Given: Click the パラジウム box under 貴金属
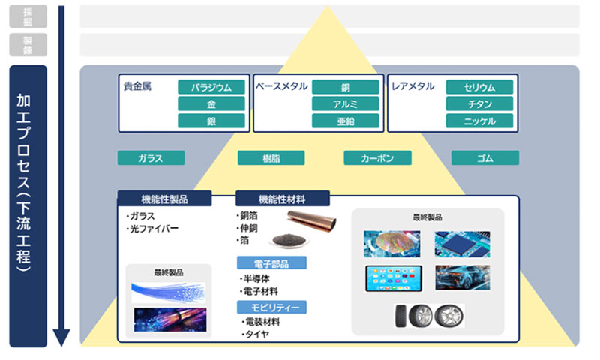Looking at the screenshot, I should [x=211, y=87].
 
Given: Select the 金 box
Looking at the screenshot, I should [x=211, y=103].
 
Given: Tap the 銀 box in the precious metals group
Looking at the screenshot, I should [x=211, y=121].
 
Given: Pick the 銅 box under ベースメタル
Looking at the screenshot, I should [x=345, y=87].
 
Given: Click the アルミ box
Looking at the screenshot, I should [x=345, y=103].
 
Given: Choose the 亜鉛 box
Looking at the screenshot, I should [x=345, y=121].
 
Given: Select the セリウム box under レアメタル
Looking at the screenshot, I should [x=479, y=87].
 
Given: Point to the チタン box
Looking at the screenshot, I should [x=479, y=103].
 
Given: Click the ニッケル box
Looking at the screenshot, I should [x=479, y=121].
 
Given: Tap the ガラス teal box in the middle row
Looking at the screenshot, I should [x=151, y=157].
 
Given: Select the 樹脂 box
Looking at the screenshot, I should [x=271, y=157].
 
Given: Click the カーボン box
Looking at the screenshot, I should [x=377, y=157].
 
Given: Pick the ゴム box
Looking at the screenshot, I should [x=484, y=157].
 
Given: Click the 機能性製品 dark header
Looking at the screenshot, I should [x=164, y=199].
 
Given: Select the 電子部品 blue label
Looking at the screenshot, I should [x=271, y=262].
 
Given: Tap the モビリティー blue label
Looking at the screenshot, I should [x=271, y=306].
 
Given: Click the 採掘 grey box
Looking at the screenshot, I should [x=28, y=16].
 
